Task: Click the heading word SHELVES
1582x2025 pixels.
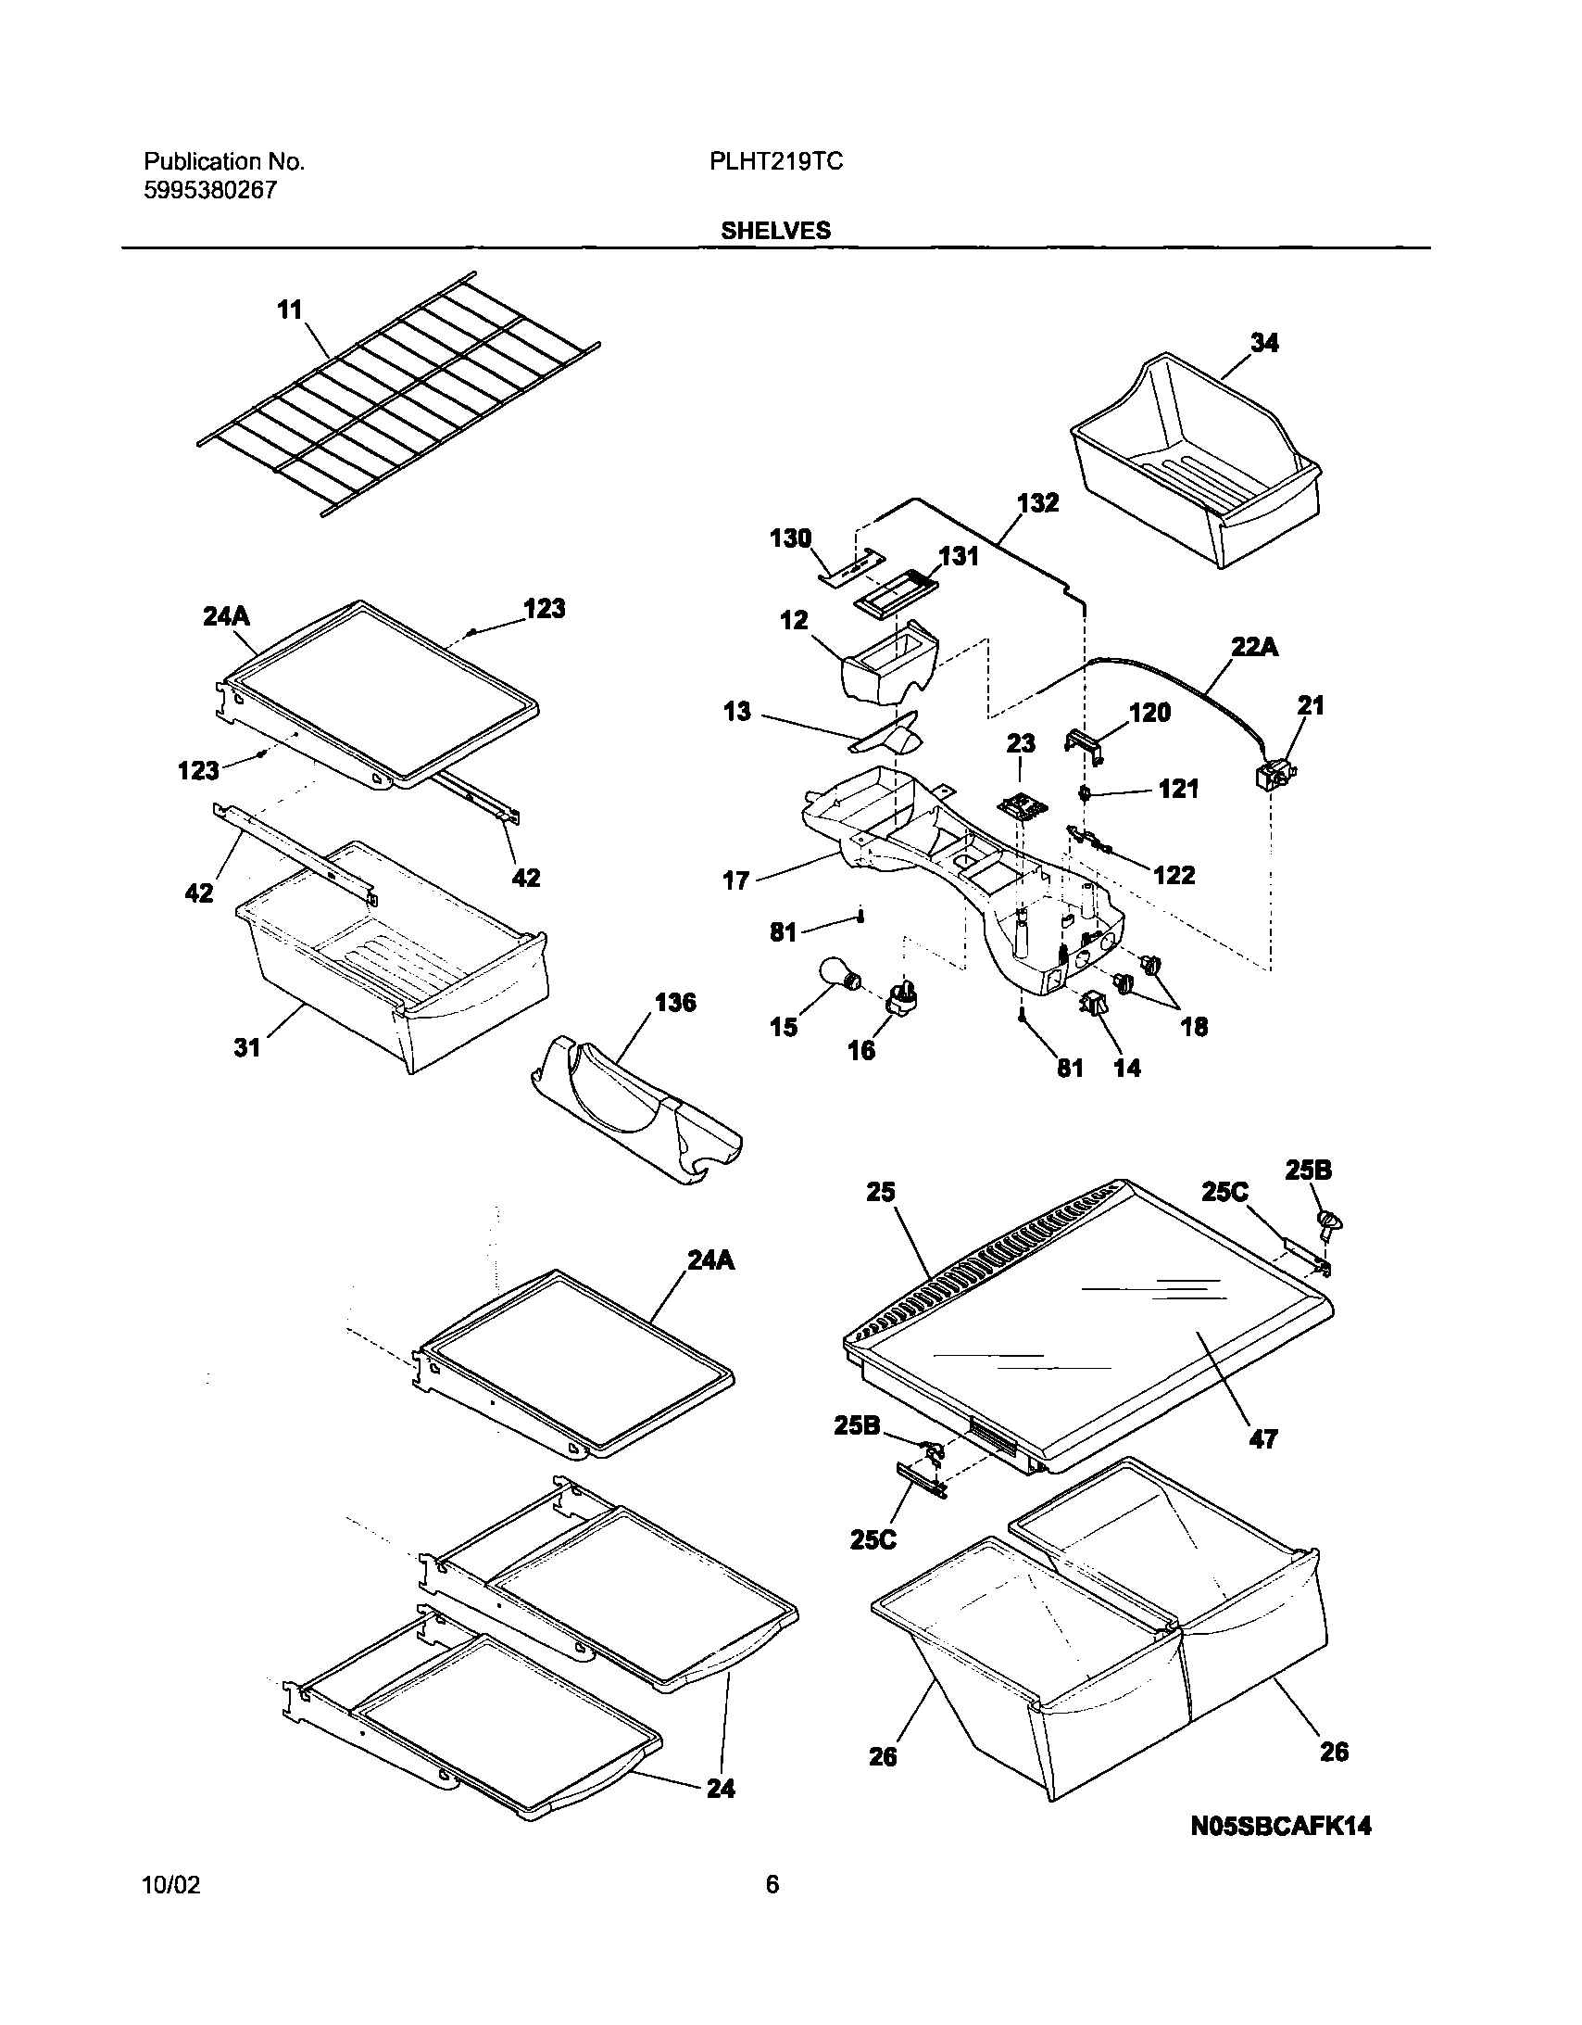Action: (775, 231)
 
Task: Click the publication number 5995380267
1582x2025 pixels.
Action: (210, 191)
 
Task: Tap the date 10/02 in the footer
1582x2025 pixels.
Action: (171, 1885)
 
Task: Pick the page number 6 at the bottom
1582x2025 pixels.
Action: (772, 1885)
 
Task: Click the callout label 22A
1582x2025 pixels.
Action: (1254, 646)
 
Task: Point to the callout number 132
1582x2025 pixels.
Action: (1037, 502)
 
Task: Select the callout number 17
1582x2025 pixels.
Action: (735, 880)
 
